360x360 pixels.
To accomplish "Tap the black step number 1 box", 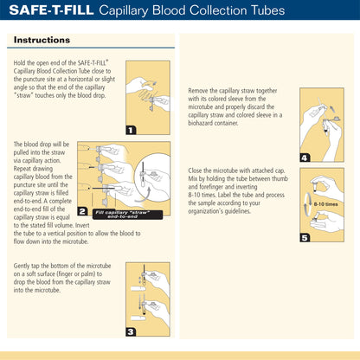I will pos(131,130).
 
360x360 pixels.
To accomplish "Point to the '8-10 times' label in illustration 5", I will pos(325,204).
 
